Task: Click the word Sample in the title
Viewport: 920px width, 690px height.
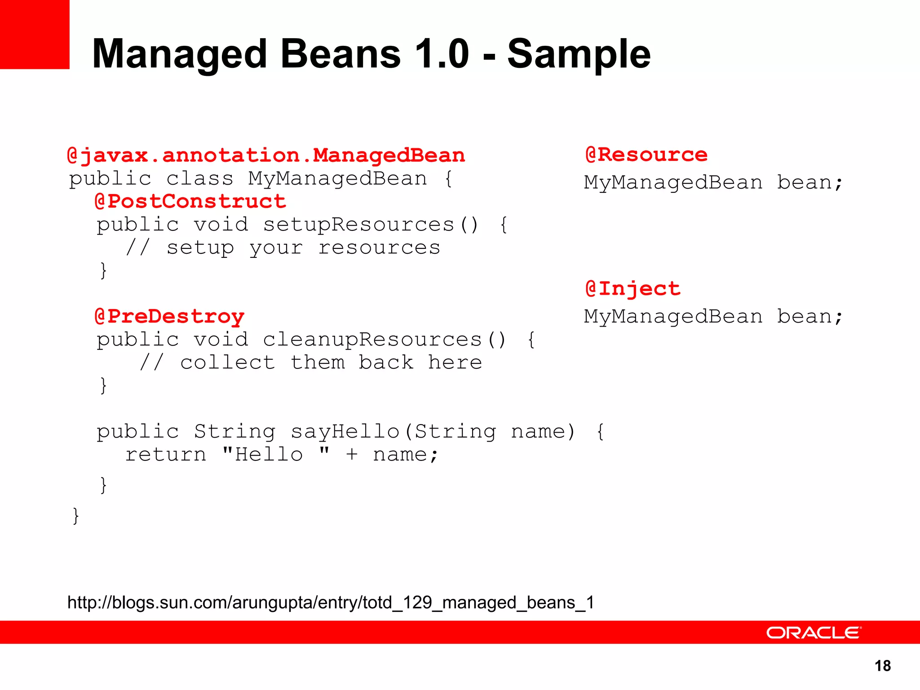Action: pyautogui.click(x=579, y=54)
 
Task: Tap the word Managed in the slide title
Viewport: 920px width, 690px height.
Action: pyautogui.click(x=180, y=54)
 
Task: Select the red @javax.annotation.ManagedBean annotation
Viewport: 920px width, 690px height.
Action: pyautogui.click(x=266, y=155)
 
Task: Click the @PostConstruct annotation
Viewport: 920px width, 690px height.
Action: pyautogui.click(x=190, y=201)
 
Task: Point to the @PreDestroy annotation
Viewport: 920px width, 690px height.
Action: pyautogui.click(x=170, y=316)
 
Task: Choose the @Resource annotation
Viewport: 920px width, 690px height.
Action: pyautogui.click(x=646, y=155)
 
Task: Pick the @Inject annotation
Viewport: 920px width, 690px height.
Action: pyautogui.click(x=632, y=288)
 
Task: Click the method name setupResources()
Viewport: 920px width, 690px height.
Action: pyautogui.click(x=370, y=225)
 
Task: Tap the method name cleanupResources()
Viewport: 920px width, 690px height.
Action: pyautogui.click(x=384, y=340)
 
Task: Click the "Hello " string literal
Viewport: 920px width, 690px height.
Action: pyautogui.click(x=276, y=455)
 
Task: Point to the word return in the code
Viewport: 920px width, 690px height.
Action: pyautogui.click(x=165, y=455)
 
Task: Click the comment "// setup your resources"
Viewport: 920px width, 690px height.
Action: pyautogui.click(x=283, y=248)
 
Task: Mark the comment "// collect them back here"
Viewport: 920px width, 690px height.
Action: pyautogui.click(x=311, y=363)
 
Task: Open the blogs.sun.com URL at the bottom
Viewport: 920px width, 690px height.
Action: pyautogui.click(x=331, y=602)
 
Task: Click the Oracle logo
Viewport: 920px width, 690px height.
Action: pyautogui.click(x=814, y=632)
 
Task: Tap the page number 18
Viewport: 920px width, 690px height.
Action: pyautogui.click(x=883, y=666)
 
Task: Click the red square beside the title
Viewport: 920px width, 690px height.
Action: pyautogui.click(x=35, y=34)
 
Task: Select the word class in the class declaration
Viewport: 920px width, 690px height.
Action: pyautogui.click(x=200, y=179)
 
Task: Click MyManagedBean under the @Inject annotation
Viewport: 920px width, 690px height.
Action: pyautogui.click(x=673, y=317)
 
